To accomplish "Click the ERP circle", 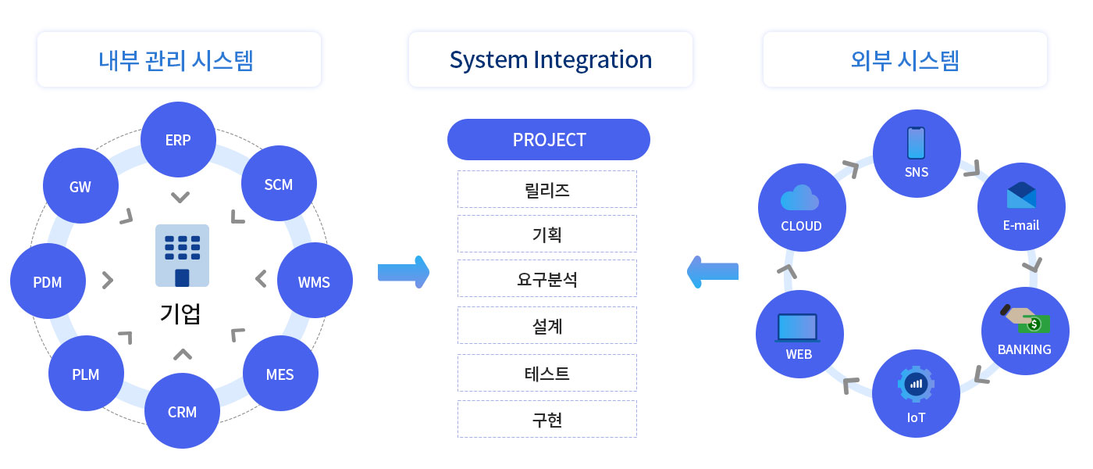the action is coord(178,139).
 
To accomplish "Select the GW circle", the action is coord(80,186).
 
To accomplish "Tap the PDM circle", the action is coord(48,281).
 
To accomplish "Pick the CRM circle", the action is coord(182,411).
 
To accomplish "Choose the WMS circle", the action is coord(315,281).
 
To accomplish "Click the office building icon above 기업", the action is coord(182,256).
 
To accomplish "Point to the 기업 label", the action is coord(180,313).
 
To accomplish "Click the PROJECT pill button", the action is coord(548,139).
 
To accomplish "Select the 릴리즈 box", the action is coord(547,189).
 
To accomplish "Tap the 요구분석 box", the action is coord(547,278).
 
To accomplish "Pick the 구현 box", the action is coord(547,419).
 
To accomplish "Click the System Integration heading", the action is coord(550,59).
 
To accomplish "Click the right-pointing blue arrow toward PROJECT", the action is coord(404,272).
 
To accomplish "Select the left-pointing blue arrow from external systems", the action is coord(712,272).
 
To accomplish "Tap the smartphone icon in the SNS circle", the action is coord(916,142).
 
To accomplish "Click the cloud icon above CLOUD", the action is coord(799,197).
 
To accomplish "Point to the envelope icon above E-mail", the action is coord(1021,195).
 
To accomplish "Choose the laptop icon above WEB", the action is coord(797,328).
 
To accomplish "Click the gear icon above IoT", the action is coord(916,384).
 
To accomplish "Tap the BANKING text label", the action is coord(1024,350).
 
